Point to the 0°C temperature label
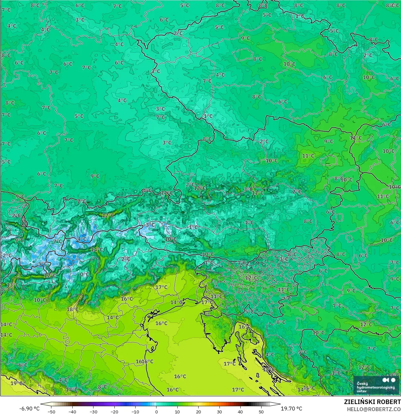(x=85, y=274)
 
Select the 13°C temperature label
(x=13, y=285)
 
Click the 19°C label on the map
(x=16, y=383)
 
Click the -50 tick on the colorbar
(x=51, y=411)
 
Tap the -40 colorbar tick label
(x=72, y=411)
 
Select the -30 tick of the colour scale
(x=93, y=411)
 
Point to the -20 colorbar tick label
(x=114, y=411)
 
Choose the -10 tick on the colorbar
(x=135, y=411)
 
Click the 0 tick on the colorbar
(x=156, y=411)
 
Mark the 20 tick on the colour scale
(x=198, y=411)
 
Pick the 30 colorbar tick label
(x=219, y=411)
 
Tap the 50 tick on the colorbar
(x=261, y=411)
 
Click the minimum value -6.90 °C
(x=30, y=409)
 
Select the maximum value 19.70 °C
(x=291, y=409)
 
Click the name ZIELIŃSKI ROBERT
(x=372, y=402)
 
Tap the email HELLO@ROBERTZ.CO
(x=374, y=409)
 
